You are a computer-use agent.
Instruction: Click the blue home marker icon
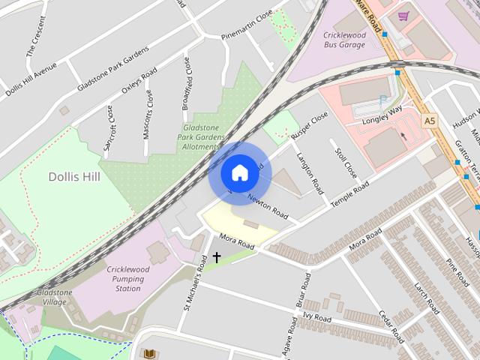click(239, 172)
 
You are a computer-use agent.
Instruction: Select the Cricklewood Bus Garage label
click(344, 40)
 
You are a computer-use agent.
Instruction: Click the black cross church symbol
click(217, 257)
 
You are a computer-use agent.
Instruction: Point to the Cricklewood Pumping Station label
click(124, 279)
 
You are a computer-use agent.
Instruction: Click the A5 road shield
click(429, 120)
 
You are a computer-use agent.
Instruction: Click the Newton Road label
click(268, 204)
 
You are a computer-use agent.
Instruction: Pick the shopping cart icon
click(403, 16)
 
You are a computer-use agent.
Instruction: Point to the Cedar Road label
click(391, 324)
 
